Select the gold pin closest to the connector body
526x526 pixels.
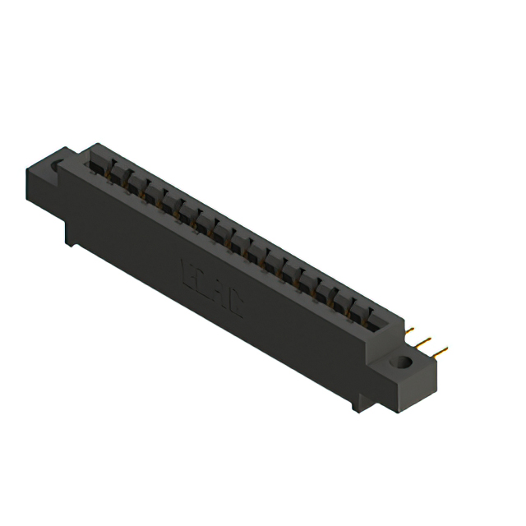408,330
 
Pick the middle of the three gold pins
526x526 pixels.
423,340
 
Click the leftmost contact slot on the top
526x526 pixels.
99,164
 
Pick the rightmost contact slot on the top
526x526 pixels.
376,317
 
